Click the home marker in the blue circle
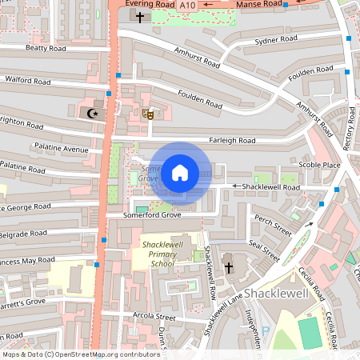pos(179,172)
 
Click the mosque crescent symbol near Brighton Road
pos(92,113)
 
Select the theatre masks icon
pos(147,114)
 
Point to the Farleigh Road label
pos(231,140)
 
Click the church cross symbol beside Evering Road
pos(141,16)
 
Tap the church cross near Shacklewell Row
pos(227,267)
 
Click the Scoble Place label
pos(319,165)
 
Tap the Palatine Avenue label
pos(61,148)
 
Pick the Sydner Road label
pos(276,39)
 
